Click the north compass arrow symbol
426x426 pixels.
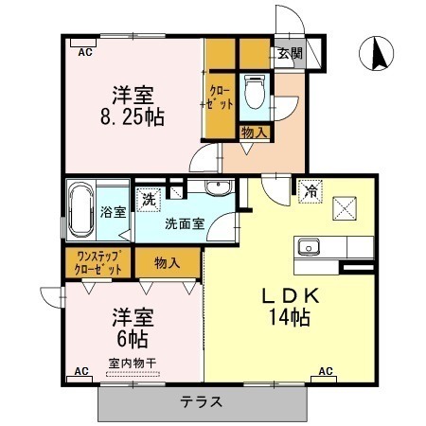point(377,53)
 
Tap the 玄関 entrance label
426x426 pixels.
point(290,53)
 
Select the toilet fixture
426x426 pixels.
point(255,92)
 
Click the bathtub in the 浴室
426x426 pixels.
point(81,210)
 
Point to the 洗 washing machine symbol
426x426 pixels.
point(149,200)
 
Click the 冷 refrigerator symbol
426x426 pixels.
point(311,191)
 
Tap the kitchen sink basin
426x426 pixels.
point(309,246)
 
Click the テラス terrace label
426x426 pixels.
point(202,401)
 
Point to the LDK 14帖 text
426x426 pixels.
point(291,307)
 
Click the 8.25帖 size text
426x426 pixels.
point(133,117)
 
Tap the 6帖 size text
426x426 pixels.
point(133,339)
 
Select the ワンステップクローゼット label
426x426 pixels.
point(98,262)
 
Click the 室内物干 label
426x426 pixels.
point(133,364)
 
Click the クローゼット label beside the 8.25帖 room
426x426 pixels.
point(221,98)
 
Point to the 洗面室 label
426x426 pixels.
point(185,223)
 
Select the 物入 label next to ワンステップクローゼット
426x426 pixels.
point(168,262)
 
